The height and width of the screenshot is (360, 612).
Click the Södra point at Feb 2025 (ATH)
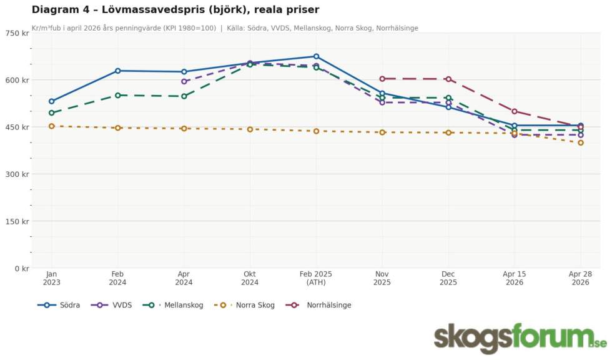click(316, 56)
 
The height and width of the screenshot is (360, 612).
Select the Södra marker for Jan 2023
click(51, 101)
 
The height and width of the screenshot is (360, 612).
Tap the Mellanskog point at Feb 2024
click(117, 95)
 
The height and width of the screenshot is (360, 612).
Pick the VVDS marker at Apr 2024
click(184, 81)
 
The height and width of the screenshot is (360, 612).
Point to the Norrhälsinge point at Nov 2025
click(382, 79)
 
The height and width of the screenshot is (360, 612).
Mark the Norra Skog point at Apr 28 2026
click(581, 142)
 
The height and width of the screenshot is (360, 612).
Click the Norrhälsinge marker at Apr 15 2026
click(515, 111)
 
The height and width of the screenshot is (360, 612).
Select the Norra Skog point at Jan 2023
click(51, 126)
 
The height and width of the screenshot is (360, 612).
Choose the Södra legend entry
click(59, 305)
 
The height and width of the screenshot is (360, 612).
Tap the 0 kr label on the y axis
click(21, 269)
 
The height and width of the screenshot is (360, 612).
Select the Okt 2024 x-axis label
click(250, 277)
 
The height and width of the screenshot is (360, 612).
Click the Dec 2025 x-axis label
click(448, 277)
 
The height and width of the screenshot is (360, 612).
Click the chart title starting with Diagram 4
click(175, 9)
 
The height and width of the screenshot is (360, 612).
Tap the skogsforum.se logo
click(520, 338)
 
